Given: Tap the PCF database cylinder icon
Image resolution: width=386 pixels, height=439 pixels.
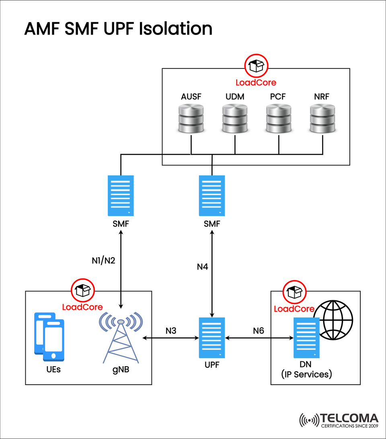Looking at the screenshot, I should pos(278,119).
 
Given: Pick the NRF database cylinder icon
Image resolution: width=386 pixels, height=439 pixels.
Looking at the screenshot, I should pos(322,119).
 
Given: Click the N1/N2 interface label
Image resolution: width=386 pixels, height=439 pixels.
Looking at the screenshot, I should pos(103,260).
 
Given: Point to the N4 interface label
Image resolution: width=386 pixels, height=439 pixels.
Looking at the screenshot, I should pos(202,267).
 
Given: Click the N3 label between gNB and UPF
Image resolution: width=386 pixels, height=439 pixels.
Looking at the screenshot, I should pos(171,331).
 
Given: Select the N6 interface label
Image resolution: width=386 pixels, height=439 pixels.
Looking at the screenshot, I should pos(259,331).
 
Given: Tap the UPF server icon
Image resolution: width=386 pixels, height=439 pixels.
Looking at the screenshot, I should pos(212,337).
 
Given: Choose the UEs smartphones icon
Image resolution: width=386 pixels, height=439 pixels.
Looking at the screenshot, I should pos(49,337).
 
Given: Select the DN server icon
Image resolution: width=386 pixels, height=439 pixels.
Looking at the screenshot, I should pos(306,338).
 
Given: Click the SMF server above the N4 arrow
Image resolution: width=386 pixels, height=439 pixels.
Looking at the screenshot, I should pos(212,195).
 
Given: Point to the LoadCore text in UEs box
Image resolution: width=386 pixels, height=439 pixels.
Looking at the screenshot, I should pos(82,307).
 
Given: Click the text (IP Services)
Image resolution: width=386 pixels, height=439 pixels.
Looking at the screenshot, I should pos(306,375).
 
